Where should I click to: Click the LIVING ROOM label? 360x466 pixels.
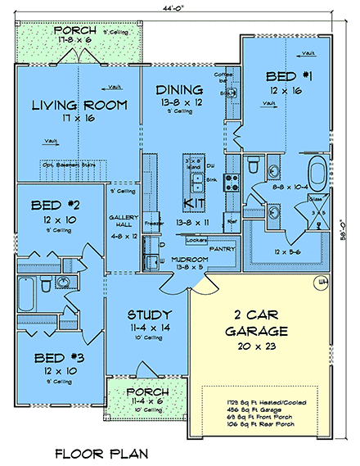coord(79,105)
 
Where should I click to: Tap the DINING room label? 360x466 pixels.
coord(181,90)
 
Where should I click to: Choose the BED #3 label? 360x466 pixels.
coord(56,358)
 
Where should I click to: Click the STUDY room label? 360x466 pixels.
coord(148,314)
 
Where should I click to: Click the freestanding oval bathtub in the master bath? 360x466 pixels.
coord(317,174)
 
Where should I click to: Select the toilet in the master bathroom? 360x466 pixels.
coord(254,161)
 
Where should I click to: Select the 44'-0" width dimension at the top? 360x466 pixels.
coord(181,7)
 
